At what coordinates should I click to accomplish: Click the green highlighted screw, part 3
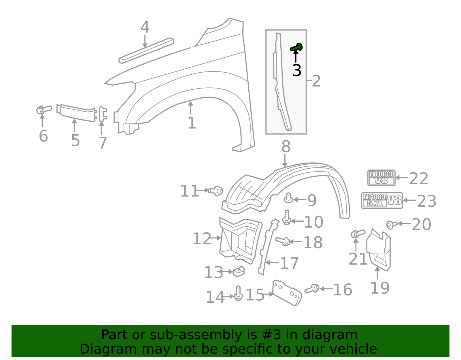pos(296,48)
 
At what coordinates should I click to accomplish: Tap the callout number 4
pos(145,27)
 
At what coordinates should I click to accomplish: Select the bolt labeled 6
pos(43,110)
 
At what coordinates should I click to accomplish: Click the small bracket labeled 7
pos(102,114)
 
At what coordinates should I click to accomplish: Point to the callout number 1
pos(192,123)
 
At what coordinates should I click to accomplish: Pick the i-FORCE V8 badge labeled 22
pos(381,178)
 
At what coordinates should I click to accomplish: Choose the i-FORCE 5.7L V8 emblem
pos(382,200)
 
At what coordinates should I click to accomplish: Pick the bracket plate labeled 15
pos(287,293)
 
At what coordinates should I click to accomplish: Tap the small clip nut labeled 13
pos(239,271)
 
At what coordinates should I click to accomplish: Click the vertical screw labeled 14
pos(238,293)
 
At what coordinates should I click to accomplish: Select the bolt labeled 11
pos(216,191)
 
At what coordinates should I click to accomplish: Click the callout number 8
pos(286,147)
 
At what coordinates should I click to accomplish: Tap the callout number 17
pos(289,263)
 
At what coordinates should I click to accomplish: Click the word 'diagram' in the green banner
pos(340,335)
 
